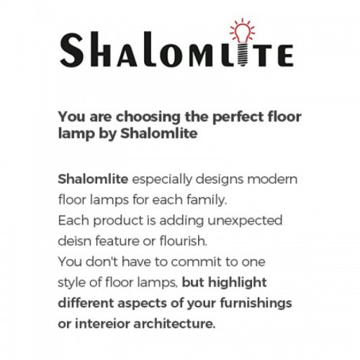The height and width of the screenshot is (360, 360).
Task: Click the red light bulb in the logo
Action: (x=243, y=31)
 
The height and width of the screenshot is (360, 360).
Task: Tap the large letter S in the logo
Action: (x=72, y=50)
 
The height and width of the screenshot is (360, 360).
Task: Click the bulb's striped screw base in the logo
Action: (x=243, y=55)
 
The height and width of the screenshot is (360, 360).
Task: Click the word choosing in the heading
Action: (x=148, y=117)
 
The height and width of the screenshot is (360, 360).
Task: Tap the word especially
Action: (x=162, y=180)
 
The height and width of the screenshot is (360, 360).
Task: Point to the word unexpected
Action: (x=245, y=221)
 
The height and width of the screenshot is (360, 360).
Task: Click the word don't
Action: (x=102, y=261)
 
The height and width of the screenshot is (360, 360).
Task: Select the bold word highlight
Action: (x=238, y=283)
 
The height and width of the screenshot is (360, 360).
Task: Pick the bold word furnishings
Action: (x=256, y=304)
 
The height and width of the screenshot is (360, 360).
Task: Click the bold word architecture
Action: (x=174, y=324)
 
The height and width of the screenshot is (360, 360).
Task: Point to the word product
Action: (x=118, y=221)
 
